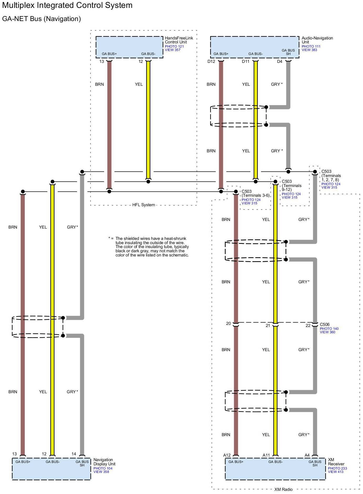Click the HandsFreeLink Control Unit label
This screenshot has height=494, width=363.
pyautogui.click(x=179, y=40)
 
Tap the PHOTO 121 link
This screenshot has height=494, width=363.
pyautogui.click(x=174, y=47)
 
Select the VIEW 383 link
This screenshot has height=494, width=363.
pyautogui.click(x=309, y=50)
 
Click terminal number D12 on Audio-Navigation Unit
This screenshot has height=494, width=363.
pyautogui.click(x=211, y=62)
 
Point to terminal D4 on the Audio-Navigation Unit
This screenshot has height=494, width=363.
pyautogui.click(x=279, y=62)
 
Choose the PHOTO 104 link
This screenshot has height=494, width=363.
pyautogui.click(x=103, y=468)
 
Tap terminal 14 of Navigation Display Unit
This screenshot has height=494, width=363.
pyautogui.click(x=74, y=454)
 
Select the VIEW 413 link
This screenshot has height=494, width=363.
pyautogui.click(x=335, y=472)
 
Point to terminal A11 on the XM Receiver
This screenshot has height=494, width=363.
pyautogui.click(x=266, y=455)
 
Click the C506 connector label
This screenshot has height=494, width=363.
pyautogui.click(x=324, y=325)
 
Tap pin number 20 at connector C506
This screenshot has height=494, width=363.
pyautogui.click(x=229, y=324)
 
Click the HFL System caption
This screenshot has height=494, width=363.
pyautogui.click(x=143, y=205)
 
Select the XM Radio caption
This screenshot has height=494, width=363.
pyautogui.click(x=283, y=490)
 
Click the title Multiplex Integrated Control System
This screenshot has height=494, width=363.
pyautogui.click(x=67, y=5)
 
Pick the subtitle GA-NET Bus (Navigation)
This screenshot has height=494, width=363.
pyautogui.click(x=42, y=19)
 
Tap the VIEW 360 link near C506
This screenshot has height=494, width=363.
pyautogui.click(x=327, y=332)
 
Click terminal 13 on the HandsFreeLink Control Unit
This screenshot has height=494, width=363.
pyautogui.click(x=102, y=62)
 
